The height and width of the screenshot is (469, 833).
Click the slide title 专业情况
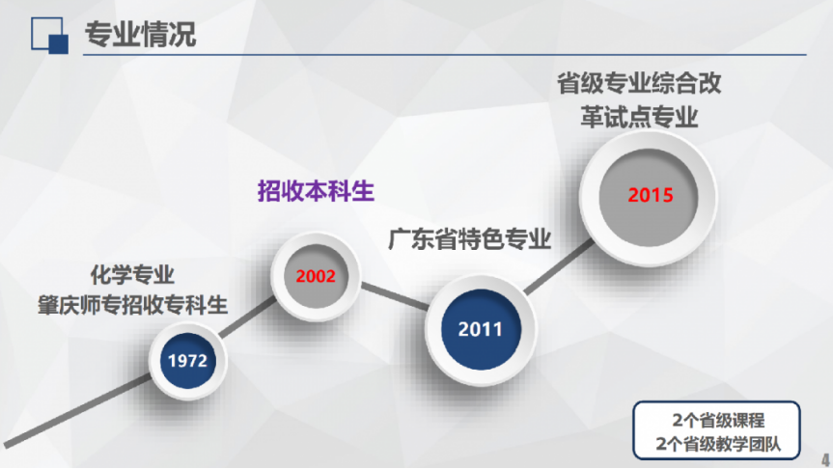click(140, 35)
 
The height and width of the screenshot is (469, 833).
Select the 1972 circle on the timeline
click(187, 361)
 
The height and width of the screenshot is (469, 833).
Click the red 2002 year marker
click(316, 276)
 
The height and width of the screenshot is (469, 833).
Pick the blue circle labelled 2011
click(481, 329)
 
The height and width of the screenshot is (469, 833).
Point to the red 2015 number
click(651, 196)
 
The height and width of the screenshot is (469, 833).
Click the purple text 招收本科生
click(316, 191)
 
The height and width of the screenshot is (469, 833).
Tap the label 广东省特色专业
click(470, 239)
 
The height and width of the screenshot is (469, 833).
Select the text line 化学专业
click(132, 275)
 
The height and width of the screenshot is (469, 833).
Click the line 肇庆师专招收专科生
click(132, 305)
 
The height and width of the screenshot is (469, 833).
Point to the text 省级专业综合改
click(639, 83)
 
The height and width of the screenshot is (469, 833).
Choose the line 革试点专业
click(639, 117)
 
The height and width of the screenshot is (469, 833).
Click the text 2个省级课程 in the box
click(718, 420)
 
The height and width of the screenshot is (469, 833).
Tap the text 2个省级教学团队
click(718, 444)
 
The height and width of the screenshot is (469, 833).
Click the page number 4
click(825, 459)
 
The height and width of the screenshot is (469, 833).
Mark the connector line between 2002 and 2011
click(395, 296)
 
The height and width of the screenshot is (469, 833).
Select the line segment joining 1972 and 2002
click(248, 317)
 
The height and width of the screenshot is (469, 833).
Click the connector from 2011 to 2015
click(559, 266)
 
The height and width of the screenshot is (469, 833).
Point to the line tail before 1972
click(78, 410)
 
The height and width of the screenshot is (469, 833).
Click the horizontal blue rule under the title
click(445, 55)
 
